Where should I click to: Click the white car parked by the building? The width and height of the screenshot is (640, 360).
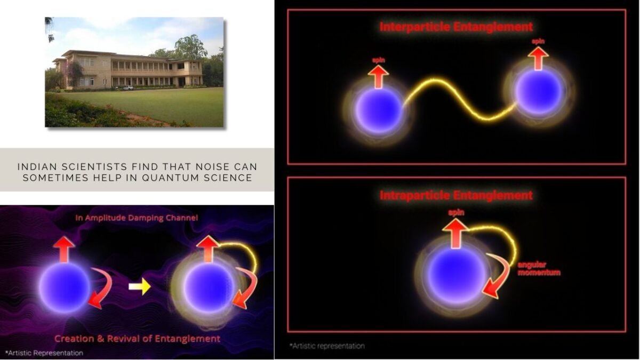click(x=128, y=87)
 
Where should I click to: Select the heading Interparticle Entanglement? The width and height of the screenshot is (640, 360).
click(x=456, y=27)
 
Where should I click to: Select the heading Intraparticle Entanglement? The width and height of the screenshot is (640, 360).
click(x=456, y=195)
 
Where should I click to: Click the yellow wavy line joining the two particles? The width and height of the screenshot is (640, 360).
click(x=460, y=99)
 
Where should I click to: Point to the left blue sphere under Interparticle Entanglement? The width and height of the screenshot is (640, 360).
click(x=379, y=110)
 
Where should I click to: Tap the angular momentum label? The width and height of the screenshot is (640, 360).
click(x=539, y=269)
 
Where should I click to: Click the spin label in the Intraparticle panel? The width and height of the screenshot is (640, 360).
click(x=456, y=213)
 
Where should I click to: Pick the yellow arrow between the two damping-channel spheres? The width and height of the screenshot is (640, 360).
click(x=139, y=286)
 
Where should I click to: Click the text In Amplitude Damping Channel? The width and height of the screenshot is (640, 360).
click(x=137, y=218)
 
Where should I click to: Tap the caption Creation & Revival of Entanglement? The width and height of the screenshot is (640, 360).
click(x=137, y=339)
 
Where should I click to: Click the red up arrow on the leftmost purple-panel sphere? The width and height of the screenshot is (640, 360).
click(x=64, y=249)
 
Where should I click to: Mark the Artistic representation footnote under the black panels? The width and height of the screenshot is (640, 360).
click(x=327, y=346)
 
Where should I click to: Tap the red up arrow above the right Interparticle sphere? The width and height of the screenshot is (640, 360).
click(x=538, y=58)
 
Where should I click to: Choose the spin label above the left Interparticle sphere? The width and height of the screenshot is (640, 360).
click(x=379, y=60)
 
